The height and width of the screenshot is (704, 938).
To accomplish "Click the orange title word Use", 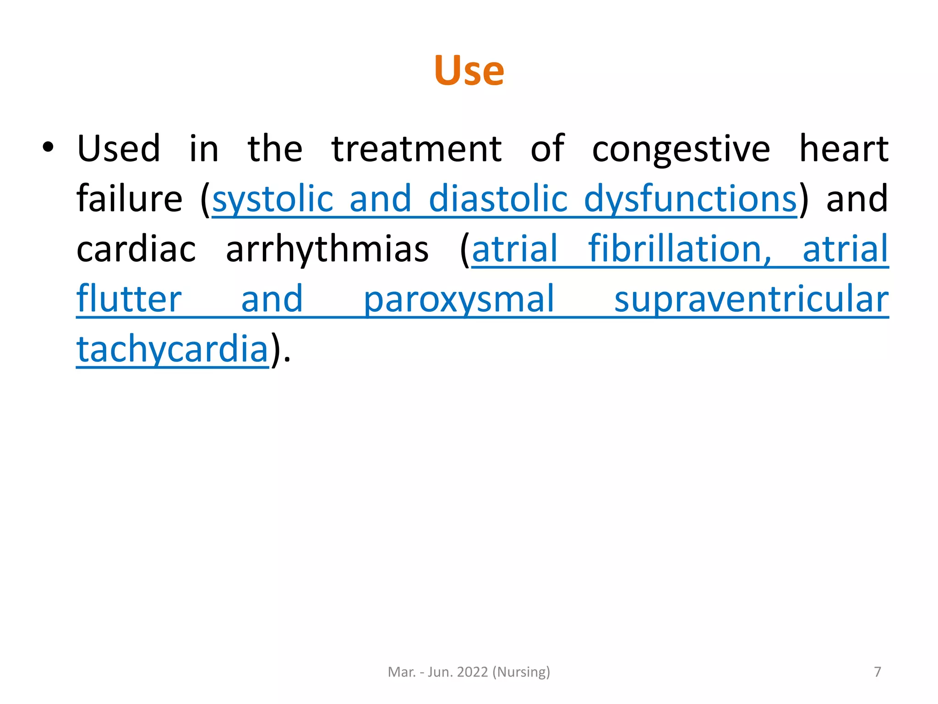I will tap(469, 71).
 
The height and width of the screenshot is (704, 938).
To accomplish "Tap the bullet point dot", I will tap(48, 148).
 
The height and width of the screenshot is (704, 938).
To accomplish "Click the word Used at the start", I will tap(118, 149).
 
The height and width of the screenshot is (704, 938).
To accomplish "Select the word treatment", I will tap(416, 149).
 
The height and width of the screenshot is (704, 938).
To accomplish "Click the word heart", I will tap(843, 149).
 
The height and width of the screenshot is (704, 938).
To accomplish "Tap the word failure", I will tap(129, 199).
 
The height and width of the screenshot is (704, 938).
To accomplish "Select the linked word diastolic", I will tap(498, 199).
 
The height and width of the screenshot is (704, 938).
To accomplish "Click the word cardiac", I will tap(136, 249).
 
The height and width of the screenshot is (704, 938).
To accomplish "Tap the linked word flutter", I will tap(129, 299).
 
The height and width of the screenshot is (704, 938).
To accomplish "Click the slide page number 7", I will tap(877, 671).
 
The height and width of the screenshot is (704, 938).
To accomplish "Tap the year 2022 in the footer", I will tap(472, 672).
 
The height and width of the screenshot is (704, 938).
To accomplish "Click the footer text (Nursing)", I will tap(521, 672).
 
